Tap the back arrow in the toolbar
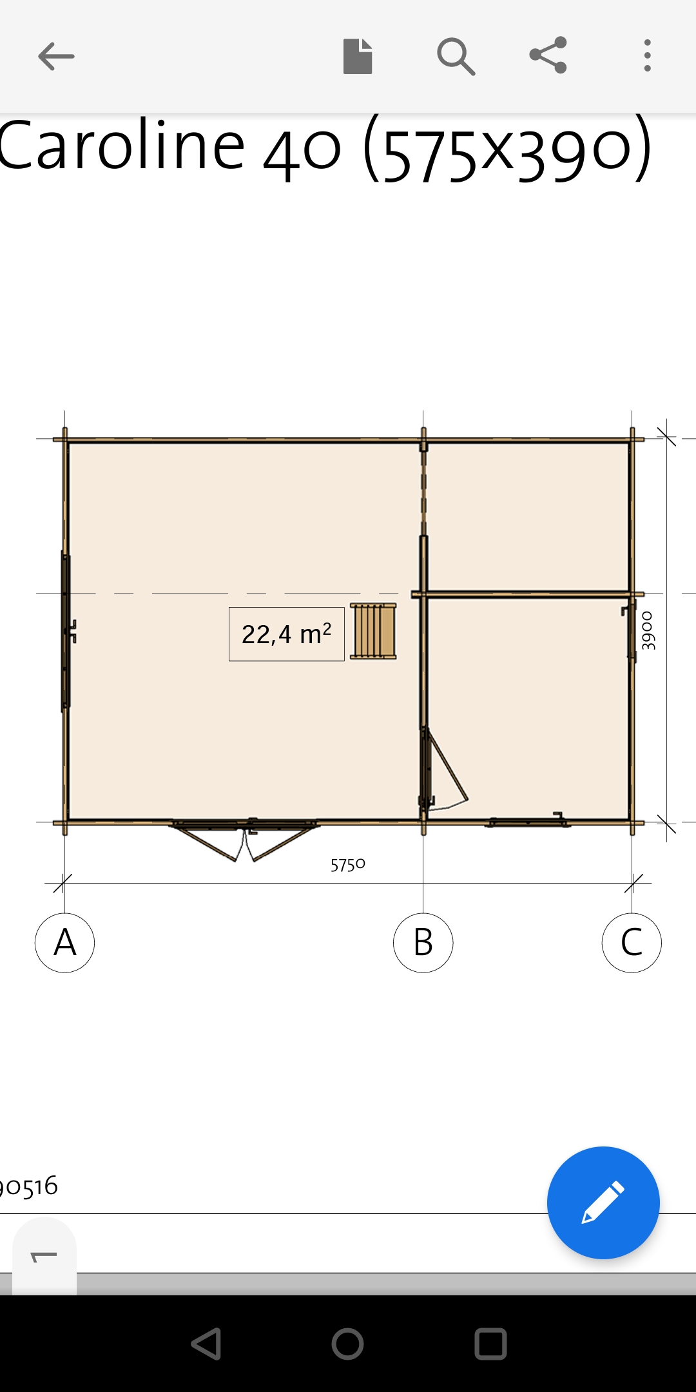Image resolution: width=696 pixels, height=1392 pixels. click(x=56, y=56)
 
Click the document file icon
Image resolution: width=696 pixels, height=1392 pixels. click(x=358, y=56)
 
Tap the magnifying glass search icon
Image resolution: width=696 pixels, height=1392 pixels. click(x=456, y=57)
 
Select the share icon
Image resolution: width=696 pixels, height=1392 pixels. click(x=548, y=55)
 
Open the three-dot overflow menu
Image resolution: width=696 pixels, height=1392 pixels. click(x=648, y=55)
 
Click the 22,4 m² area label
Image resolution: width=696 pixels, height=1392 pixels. click(x=287, y=634)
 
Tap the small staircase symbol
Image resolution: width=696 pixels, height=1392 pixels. click(x=373, y=632)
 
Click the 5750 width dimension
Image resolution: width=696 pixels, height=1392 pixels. click(x=348, y=865)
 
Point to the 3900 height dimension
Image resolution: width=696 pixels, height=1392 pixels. click(x=648, y=630)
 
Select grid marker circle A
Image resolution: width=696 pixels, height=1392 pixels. click(x=64, y=943)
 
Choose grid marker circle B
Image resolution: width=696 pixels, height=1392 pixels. click(x=423, y=943)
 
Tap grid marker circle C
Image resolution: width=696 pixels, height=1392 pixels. click(x=632, y=943)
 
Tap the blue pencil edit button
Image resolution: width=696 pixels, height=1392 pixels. click(x=603, y=1203)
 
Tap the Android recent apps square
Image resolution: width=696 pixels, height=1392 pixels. click(x=490, y=1344)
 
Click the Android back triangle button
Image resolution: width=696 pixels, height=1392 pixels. click(x=206, y=1344)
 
